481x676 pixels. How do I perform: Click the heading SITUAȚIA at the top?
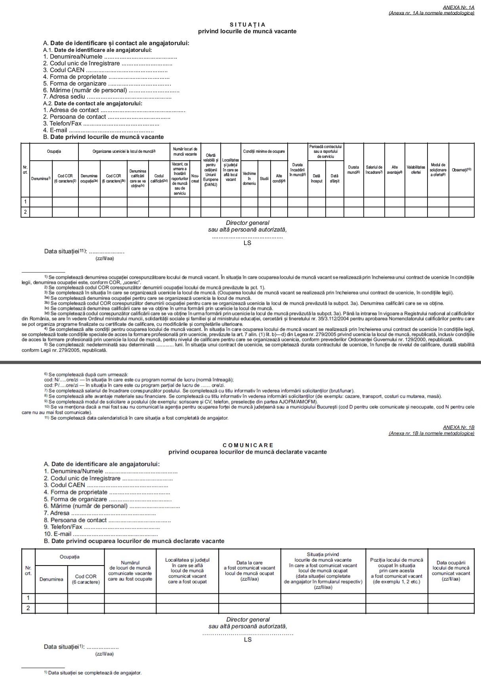click(247, 25)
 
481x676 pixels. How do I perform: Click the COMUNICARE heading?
click(248, 445)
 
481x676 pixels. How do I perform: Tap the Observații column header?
click(461, 170)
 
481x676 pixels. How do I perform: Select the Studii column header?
click(264, 178)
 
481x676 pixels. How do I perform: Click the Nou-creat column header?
click(195, 178)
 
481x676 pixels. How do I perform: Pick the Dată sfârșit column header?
click(334, 178)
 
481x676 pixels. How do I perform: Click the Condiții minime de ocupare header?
click(263, 152)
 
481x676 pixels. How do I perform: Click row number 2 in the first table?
click(25, 212)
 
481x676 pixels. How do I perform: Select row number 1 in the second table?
click(28, 598)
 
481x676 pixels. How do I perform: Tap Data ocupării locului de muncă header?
click(451, 571)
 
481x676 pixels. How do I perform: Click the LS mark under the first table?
click(247, 243)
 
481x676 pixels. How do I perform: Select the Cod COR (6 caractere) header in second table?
click(86, 579)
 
